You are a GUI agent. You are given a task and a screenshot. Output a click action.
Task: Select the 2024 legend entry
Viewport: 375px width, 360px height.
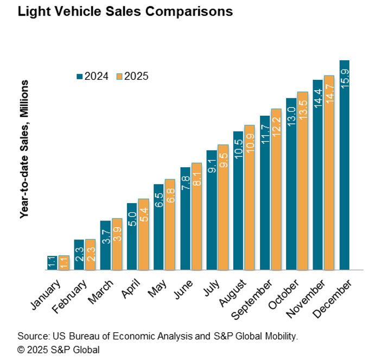point(92,76)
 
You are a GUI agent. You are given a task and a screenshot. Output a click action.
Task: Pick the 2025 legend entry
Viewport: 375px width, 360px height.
point(132,76)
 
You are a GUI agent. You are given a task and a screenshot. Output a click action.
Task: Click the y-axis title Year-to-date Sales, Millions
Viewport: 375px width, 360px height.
point(24,149)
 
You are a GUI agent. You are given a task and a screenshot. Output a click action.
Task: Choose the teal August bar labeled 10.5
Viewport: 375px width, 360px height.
point(238,200)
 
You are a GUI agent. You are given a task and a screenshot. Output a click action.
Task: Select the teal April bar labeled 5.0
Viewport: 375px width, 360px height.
point(132,236)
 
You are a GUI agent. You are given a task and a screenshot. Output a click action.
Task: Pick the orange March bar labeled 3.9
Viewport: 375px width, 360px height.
point(117,244)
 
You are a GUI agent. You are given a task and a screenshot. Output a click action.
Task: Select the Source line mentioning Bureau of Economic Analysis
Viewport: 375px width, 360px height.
point(158,336)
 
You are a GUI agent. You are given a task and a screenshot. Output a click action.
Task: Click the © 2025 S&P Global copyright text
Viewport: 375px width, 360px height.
point(59,349)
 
